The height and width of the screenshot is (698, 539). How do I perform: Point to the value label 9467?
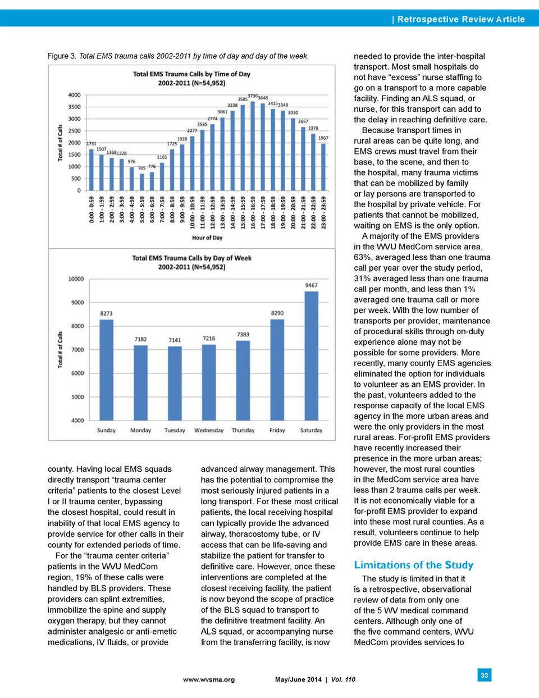(311, 285)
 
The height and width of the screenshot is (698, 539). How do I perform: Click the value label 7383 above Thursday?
(243, 335)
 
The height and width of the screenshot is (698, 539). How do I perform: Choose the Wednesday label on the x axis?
(209, 431)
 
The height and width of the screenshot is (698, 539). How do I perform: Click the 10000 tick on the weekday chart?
(76, 279)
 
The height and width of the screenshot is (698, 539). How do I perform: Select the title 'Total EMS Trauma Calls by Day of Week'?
(191, 258)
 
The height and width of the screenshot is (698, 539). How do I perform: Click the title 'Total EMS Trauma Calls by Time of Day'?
(191, 74)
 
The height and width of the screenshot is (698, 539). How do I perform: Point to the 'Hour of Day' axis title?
(207, 238)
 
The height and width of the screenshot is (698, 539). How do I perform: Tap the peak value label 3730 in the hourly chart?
(253, 96)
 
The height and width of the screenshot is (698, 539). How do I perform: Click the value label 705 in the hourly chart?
(141, 168)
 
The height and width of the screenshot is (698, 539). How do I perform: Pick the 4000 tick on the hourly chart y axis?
(74, 95)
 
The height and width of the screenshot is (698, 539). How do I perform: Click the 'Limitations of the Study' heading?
(413, 565)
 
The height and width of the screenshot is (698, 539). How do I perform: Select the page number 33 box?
(484, 675)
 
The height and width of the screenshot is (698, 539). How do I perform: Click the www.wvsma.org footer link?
(209, 679)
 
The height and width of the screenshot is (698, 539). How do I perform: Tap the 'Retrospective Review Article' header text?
(460, 19)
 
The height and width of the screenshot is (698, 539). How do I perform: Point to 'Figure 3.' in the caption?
(62, 56)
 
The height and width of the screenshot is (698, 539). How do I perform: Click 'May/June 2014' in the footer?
(298, 679)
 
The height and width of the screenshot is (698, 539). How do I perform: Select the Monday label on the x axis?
(140, 431)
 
